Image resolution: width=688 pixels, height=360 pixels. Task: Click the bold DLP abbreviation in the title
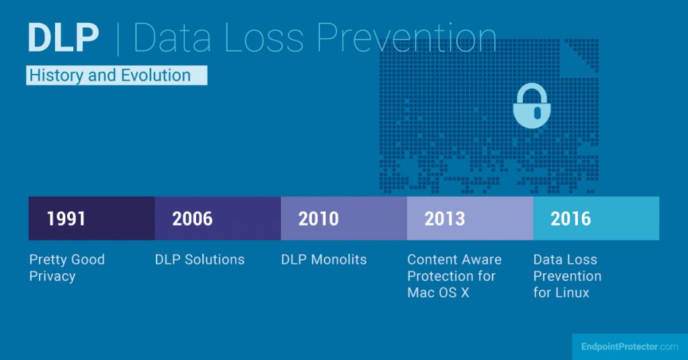pyautogui.click(x=64, y=39)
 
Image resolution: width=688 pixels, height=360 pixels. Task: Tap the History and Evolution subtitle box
pyautogui.click(x=116, y=75)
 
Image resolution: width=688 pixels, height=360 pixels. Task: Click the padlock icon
pyautogui.click(x=531, y=106)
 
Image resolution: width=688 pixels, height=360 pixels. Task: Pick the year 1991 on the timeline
pyautogui.click(x=66, y=219)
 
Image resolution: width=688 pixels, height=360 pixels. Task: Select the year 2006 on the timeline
pyautogui.click(x=192, y=219)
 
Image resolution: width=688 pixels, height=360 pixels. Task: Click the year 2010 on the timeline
pyautogui.click(x=318, y=219)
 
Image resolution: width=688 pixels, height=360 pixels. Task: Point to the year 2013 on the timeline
pyautogui.click(x=445, y=219)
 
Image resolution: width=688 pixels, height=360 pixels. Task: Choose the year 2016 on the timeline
pyautogui.click(x=570, y=219)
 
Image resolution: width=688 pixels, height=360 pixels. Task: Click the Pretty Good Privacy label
pyautogui.click(x=67, y=267)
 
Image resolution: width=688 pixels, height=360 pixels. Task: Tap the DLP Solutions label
pyautogui.click(x=200, y=259)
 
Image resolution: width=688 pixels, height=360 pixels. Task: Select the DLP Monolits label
pyautogui.click(x=324, y=259)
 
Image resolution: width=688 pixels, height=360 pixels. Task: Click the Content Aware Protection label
pyautogui.click(x=454, y=267)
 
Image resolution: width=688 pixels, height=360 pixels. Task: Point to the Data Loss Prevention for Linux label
pyautogui.click(x=567, y=276)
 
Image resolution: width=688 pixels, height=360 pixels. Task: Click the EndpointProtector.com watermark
pyautogui.click(x=630, y=347)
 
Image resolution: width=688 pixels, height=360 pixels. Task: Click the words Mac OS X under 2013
pyautogui.click(x=438, y=293)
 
